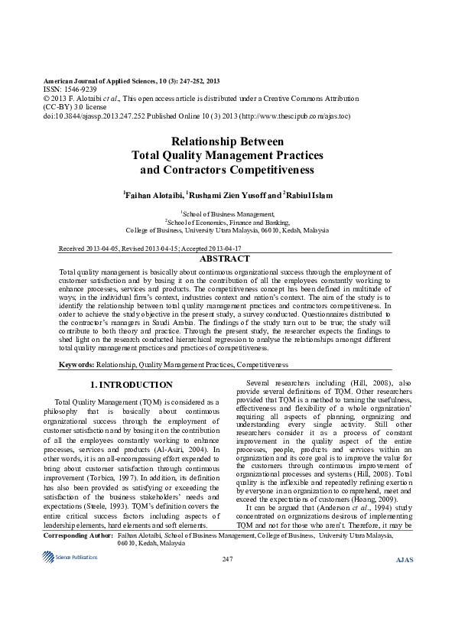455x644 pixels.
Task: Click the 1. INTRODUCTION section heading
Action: point(132,385)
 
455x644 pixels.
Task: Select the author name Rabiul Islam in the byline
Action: point(308,196)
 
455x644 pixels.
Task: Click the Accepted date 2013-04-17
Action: point(221,249)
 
